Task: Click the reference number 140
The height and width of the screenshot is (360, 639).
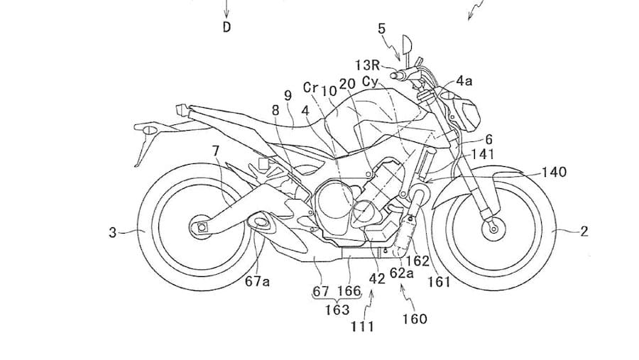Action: coord(554,172)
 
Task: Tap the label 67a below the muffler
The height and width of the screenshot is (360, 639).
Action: coord(258,281)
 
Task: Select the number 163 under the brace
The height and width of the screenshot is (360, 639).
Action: coord(337,310)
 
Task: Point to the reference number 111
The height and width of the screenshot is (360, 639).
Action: coord(362,326)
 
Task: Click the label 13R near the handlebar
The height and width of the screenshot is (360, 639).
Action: coord(368,65)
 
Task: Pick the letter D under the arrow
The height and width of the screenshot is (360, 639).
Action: coord(227,27)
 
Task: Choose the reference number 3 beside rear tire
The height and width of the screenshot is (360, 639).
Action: coord(112,232)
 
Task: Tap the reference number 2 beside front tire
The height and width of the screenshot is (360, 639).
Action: coord(584,231)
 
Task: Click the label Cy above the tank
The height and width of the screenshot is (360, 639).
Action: coord(371,82)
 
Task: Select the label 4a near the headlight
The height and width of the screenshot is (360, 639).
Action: coord(464,81)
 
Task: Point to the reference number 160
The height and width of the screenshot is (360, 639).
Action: coord(415,318)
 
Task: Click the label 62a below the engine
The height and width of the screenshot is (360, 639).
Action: coord(401,273)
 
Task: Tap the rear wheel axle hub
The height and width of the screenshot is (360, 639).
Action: coord(201,227)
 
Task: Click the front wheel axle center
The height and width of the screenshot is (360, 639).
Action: coord(493,229)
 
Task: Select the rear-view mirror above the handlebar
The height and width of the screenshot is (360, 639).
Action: coord(407,45)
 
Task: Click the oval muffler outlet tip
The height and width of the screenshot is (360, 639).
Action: coord(260,222)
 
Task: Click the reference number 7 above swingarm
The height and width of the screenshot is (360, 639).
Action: coord(216,151)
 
